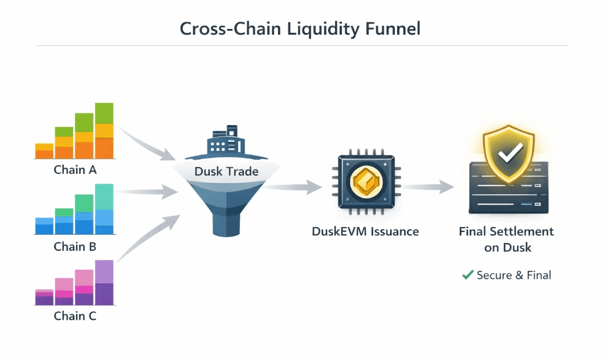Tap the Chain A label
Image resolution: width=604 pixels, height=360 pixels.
point(75,169)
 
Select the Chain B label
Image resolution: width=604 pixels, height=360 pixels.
point(75,246)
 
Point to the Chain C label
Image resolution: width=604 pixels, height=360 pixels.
point(75,316)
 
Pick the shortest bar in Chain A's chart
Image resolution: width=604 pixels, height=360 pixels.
point(44,151)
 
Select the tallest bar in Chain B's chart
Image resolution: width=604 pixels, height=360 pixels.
point(104,209)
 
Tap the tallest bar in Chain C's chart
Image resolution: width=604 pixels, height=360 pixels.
point(104,283)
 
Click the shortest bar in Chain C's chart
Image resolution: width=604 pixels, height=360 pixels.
point(44,297)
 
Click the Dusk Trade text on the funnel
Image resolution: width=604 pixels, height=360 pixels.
point(226,171)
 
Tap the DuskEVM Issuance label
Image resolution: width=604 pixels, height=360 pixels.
point(365,231)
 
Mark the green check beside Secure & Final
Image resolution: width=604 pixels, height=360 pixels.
point(468,275)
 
